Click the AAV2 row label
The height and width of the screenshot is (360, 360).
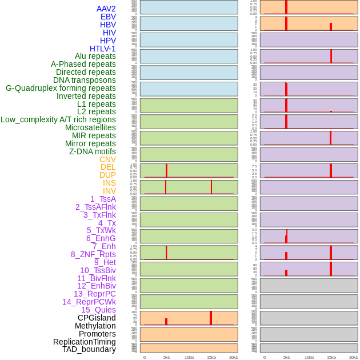(106, 9)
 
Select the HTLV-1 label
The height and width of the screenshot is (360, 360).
(103, 49)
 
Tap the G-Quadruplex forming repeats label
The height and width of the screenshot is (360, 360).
(61, 88)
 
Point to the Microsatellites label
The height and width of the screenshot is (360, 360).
(90, 127)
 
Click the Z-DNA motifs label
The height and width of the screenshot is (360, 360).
(93, 151)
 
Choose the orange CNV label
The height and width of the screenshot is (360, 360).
(107, 159)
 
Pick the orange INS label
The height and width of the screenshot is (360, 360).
(109, 183)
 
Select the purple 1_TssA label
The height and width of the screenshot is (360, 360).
(103, 199)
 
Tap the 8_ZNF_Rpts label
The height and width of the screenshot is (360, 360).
(93, 254)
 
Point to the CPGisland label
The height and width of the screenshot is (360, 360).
(97, 318)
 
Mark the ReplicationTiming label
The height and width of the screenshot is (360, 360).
(85, 342)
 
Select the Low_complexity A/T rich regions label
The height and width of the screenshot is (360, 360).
(58, 119)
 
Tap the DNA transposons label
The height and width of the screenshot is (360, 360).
(85, 80)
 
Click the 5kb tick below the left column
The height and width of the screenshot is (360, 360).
(167, 357)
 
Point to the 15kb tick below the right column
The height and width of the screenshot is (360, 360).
(331, 357)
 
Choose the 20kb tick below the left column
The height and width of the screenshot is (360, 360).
(234, 357)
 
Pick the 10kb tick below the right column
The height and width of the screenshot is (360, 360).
(309, 357)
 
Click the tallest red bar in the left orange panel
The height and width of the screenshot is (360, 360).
(211, 318)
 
